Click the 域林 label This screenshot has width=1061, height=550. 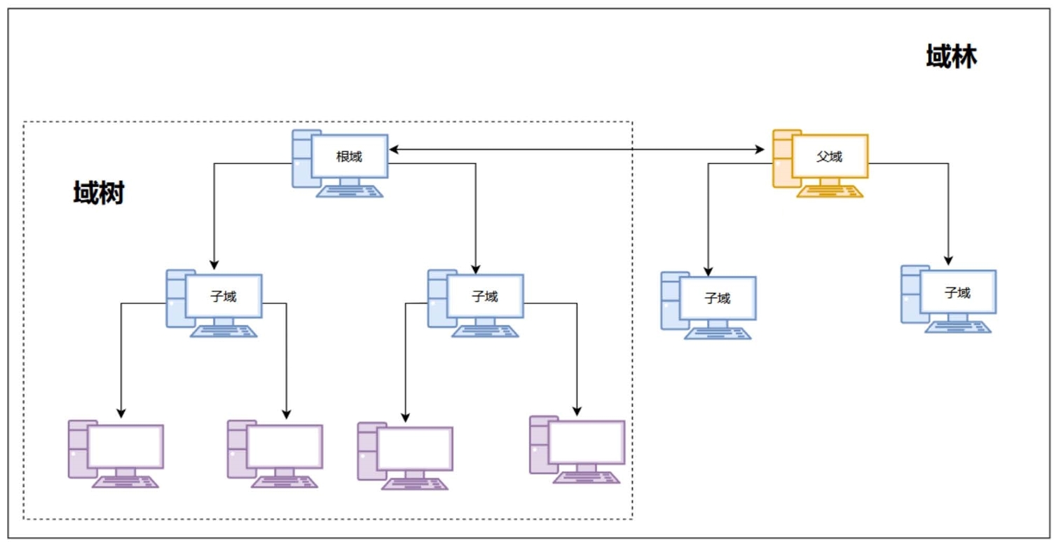[x=951, y=57]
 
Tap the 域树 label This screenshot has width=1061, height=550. [x=99, y=193]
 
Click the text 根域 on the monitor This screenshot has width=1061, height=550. [x=349, y=157]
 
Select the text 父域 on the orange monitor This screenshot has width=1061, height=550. [x=829, y=157]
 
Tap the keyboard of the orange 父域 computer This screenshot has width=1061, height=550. [x=830, y=191]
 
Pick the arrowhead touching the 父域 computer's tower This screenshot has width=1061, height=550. [x=761, y=149]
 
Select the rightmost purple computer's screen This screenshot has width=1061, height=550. [x=587, y=442]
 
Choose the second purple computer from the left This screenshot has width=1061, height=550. [x=275, y=453]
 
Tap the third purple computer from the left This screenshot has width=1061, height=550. [x=406, y=455]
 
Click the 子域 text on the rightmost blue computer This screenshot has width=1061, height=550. [x=957, y=293]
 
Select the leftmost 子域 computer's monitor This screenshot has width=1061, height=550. [x=224, y=296]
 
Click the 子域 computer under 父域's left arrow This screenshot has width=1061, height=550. [x=709, y=305]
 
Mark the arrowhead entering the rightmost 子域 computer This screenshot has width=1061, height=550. [x=948, y=261]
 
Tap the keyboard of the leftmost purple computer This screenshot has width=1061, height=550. [x=125, y=481]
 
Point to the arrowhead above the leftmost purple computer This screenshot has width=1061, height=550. [x=121, y=413]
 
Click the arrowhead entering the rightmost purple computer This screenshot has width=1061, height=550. [x=577, y=411]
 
